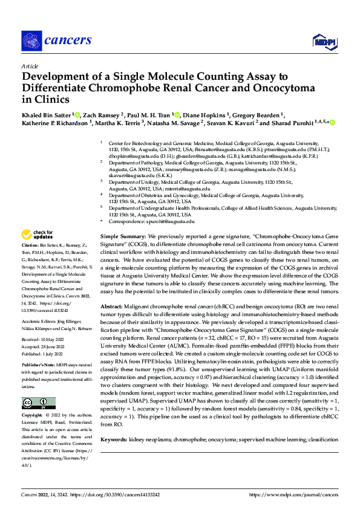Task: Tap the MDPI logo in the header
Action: pos(321,41)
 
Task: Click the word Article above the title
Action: pos(29,66)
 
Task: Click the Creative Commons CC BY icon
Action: pos(38,403)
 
